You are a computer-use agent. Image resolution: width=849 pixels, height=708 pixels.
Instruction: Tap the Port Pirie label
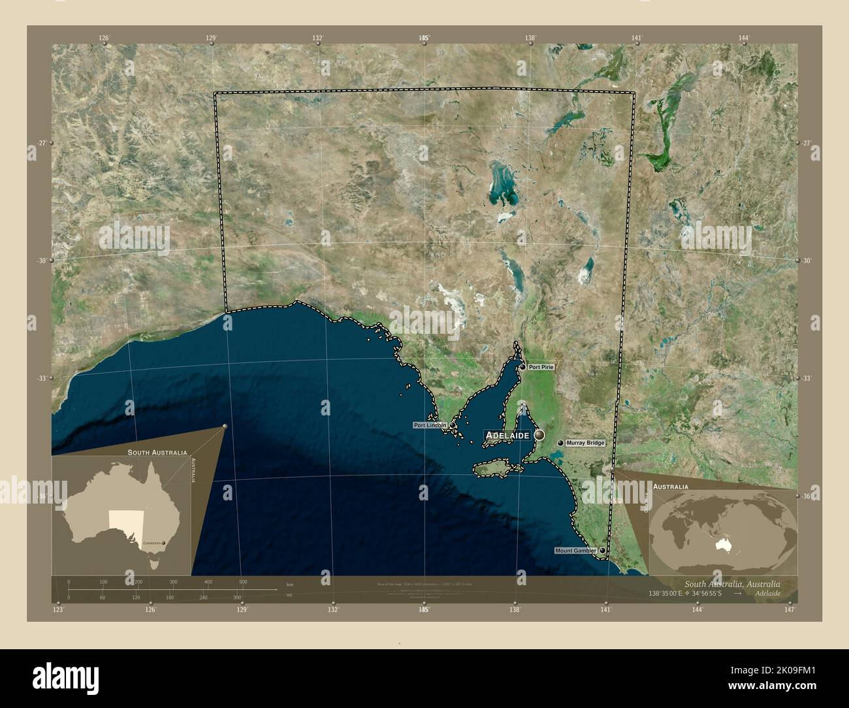click(541, 367)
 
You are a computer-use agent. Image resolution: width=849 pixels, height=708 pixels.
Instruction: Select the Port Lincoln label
click(430, 425)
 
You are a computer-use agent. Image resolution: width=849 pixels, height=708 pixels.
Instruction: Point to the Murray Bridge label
click(586, 443)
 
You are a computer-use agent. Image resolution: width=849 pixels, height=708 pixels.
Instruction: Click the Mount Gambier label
click(575, 551)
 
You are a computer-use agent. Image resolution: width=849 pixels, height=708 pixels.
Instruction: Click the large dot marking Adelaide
click(539, 434)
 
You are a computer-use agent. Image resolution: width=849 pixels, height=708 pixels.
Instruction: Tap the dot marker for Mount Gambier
click(602, 551)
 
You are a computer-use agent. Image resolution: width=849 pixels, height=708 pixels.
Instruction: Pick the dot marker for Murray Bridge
click(560, 443)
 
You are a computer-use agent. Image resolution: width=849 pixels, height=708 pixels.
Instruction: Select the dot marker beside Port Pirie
click(523, 367)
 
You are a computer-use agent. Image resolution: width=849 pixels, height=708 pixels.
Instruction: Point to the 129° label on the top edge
click(211, 38)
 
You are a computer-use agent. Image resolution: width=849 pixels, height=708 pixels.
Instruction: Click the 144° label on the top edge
click(744, 38)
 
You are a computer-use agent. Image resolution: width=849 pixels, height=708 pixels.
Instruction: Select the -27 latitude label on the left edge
click(40, 143)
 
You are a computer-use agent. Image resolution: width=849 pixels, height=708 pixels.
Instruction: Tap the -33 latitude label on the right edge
click(807, 378)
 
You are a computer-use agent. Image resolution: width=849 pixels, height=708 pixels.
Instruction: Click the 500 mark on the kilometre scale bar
click(243, 581)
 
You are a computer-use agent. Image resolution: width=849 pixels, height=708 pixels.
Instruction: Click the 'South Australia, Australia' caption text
click(731, 584)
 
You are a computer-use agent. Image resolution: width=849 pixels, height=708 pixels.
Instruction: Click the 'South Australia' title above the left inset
click(157, 452)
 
